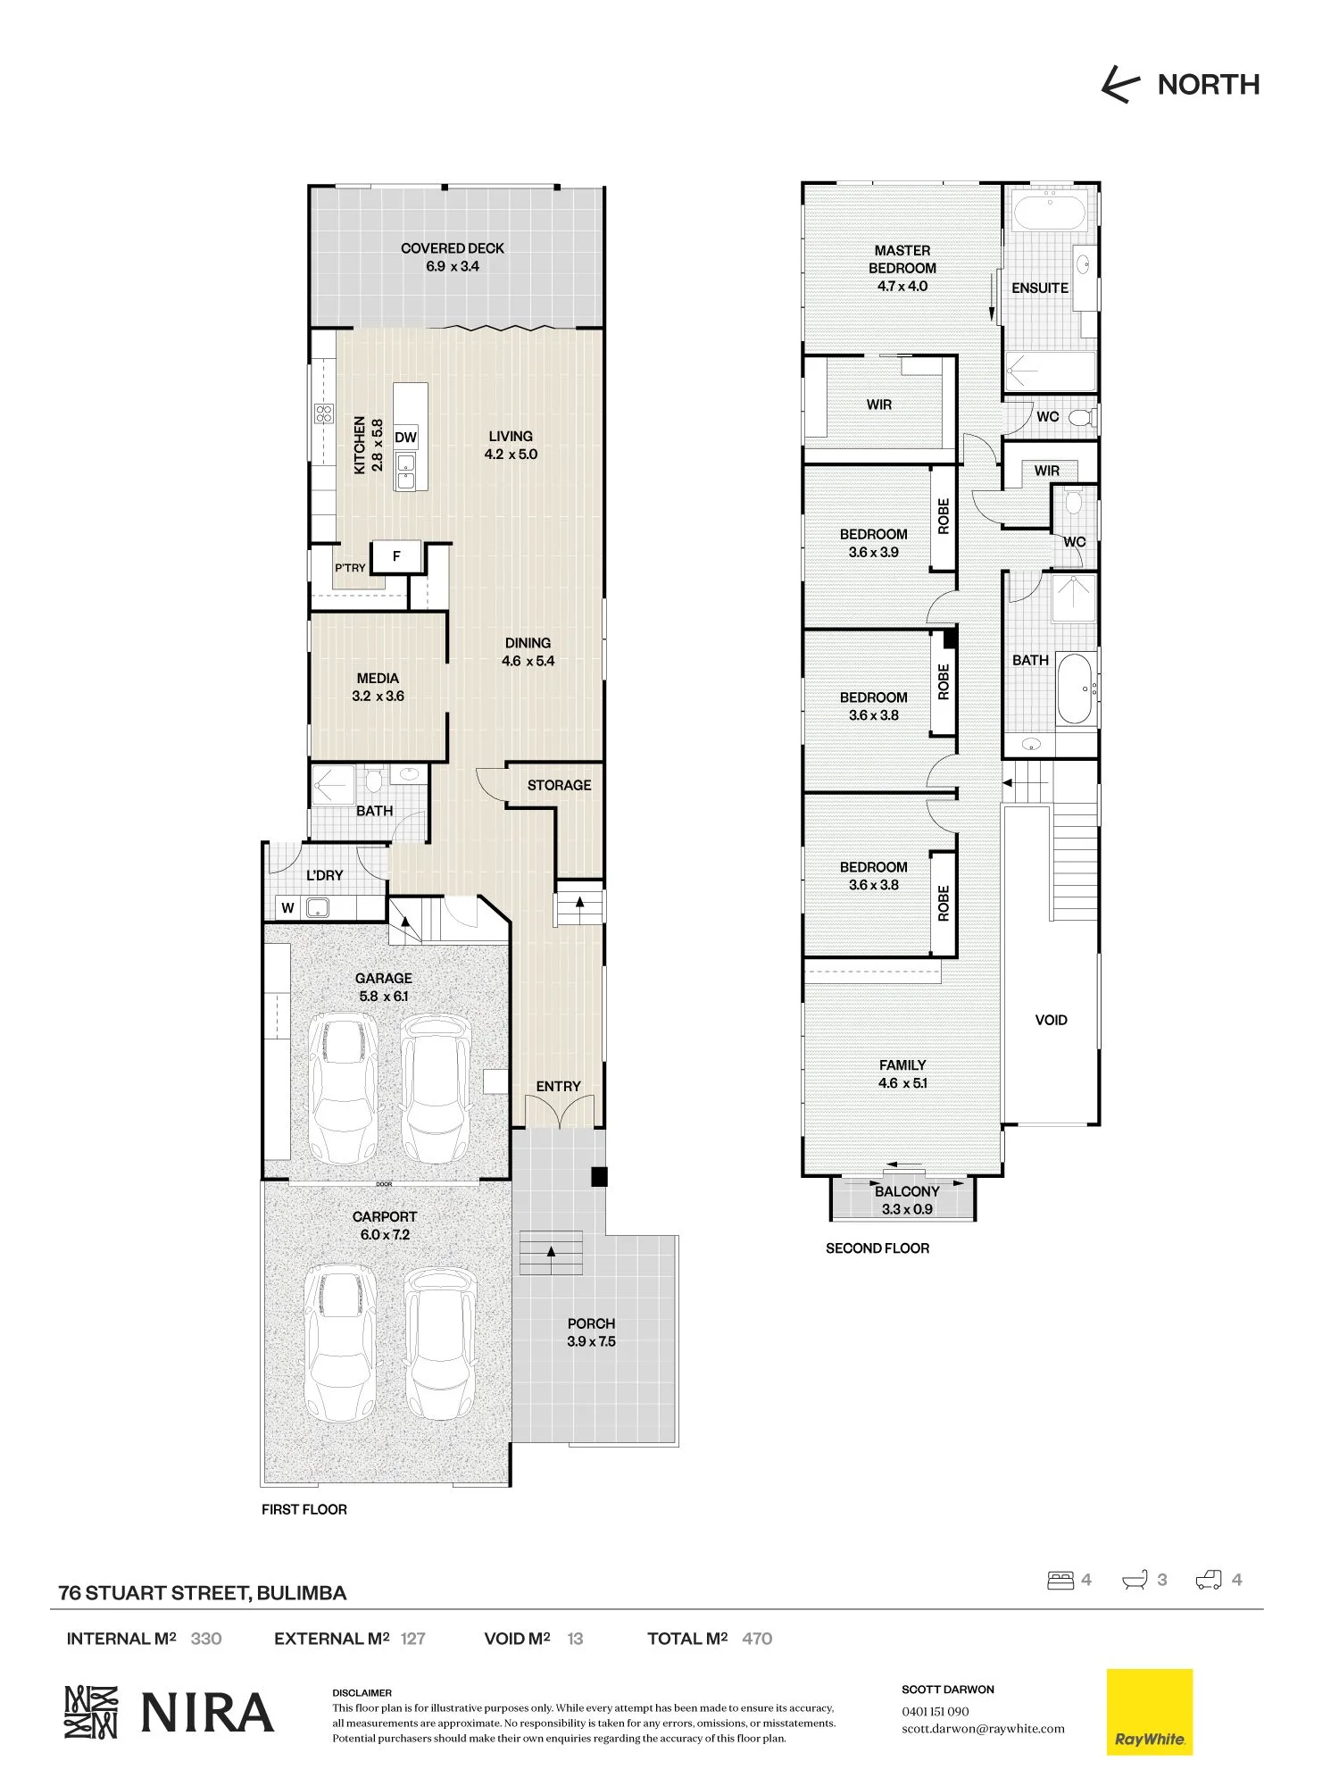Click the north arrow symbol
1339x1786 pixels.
(1120, 85)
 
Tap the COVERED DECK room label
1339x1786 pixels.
(453, 248)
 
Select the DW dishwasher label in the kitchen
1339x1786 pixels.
(405, 438)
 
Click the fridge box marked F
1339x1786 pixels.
(396, 556)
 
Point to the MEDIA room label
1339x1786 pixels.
(378, 679)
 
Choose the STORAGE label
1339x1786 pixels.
(559, 785)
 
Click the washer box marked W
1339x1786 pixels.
(287, 908)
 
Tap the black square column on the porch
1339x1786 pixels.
(600, 1177)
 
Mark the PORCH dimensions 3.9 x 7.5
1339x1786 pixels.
(591, 1341)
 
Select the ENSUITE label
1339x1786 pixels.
(1040, 288)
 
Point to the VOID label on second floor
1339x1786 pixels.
(1051, 1020)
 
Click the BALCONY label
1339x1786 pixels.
(907, 1191)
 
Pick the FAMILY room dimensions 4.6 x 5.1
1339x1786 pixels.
(902, 1083)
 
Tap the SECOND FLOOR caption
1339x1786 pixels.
(877, 1248)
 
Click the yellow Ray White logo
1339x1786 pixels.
(1150, 1712)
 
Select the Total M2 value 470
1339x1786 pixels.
(757, 1639)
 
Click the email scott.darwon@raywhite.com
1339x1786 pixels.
(983, 1729)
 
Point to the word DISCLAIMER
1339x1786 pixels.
(362, 1692)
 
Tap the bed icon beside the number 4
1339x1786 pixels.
(1060, 1580)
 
